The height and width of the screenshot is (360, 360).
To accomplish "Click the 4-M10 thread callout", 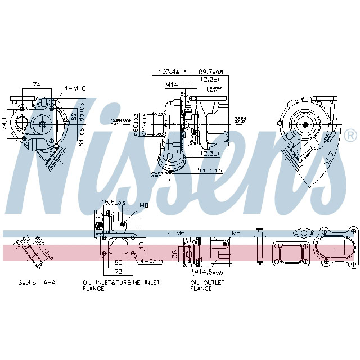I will pos(74,88).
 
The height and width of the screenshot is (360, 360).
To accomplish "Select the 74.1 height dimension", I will pos(5,124).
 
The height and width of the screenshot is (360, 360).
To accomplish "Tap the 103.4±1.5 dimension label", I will pos(173,72).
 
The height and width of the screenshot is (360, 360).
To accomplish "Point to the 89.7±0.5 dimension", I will pos(211,72).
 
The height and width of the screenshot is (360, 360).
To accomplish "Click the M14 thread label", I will pos(172,84).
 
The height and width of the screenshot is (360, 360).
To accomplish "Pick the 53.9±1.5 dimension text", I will pos(210,170).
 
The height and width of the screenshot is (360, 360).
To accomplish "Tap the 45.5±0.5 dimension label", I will pos(112,202).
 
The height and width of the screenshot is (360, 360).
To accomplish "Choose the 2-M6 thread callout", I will pos(175,232).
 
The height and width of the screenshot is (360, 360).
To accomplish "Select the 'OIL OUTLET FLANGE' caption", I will pos(207,285).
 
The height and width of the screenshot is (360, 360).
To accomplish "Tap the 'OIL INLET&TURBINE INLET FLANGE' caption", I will pos(120,285).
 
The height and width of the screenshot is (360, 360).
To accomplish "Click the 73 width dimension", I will pos(119,271).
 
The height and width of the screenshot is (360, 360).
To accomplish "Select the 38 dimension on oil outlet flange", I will pos(174,254).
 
